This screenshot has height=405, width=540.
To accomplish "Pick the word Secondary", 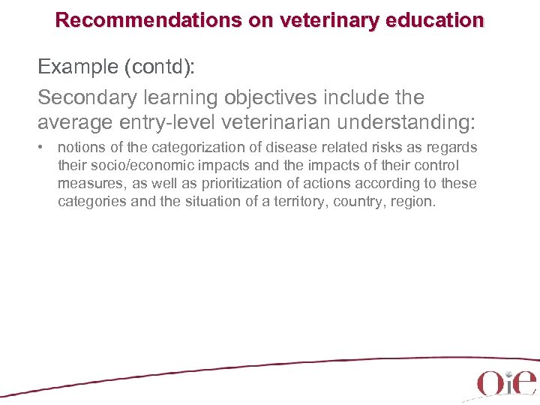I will pyautogui.click(x=83, y=97).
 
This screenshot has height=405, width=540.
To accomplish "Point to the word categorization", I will pyautogui.click(x=178, y=148).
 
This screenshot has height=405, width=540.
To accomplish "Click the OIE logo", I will pyautogui.click(x=507, y=382).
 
